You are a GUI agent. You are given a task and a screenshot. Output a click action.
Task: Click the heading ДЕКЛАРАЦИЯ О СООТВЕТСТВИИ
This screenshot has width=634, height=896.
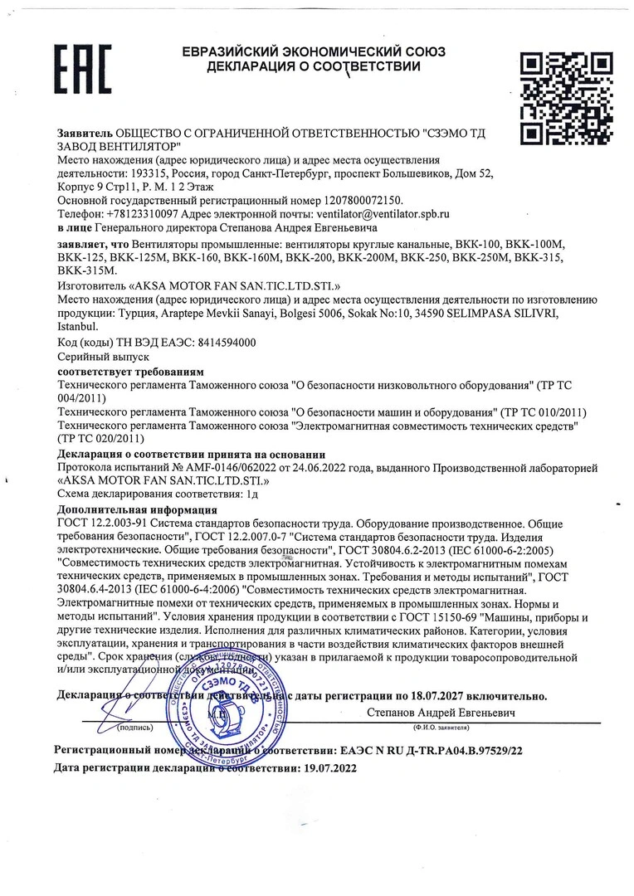pyautogui.click(x=314, y=66)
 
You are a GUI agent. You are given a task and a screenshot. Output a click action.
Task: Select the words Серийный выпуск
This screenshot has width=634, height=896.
pyautogui.click(x=90, y=354)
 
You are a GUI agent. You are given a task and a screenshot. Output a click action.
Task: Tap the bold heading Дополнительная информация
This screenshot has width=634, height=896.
pyautogui.click(x=137, y=509)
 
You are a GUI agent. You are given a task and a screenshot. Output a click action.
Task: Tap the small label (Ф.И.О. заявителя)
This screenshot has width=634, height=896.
pyautogui.click(x=441, y=727)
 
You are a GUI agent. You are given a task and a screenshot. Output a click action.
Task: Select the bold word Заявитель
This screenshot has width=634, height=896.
pyautogui.click(x=85, y=133)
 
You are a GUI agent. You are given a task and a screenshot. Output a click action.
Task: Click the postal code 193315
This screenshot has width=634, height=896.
pyautogui.click(x=150, y=173)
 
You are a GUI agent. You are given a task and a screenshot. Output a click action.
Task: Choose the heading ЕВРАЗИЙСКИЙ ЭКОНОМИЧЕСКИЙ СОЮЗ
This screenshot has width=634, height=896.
pyautogui.click(x=314, y=51)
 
